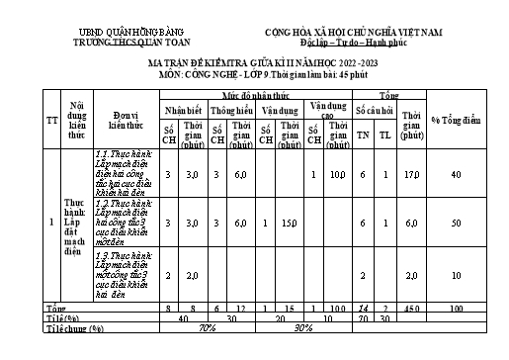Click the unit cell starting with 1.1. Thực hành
click(x=122, y=173)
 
